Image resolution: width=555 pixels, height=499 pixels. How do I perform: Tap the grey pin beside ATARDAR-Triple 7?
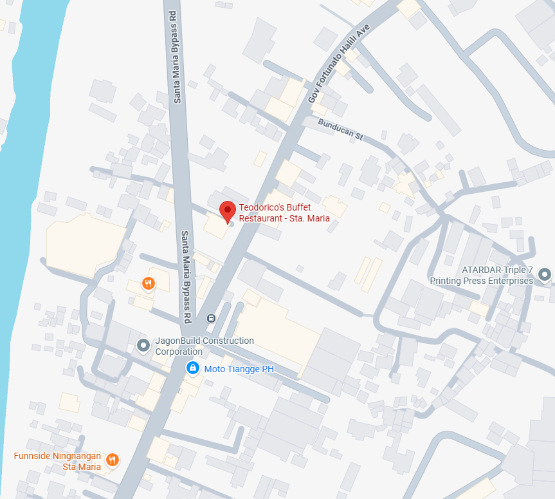545,276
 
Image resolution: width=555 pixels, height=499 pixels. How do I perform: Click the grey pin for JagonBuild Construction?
143,346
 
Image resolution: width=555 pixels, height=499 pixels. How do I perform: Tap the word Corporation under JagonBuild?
178,352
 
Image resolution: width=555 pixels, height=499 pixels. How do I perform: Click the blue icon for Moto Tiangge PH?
192,368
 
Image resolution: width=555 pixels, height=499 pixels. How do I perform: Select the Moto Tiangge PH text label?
239,370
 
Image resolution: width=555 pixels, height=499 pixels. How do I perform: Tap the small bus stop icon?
211,318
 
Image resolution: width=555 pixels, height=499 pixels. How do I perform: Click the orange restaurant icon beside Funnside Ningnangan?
112,459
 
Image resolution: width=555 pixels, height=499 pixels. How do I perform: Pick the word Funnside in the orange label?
32,457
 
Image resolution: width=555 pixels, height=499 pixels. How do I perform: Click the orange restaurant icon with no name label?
148,283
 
